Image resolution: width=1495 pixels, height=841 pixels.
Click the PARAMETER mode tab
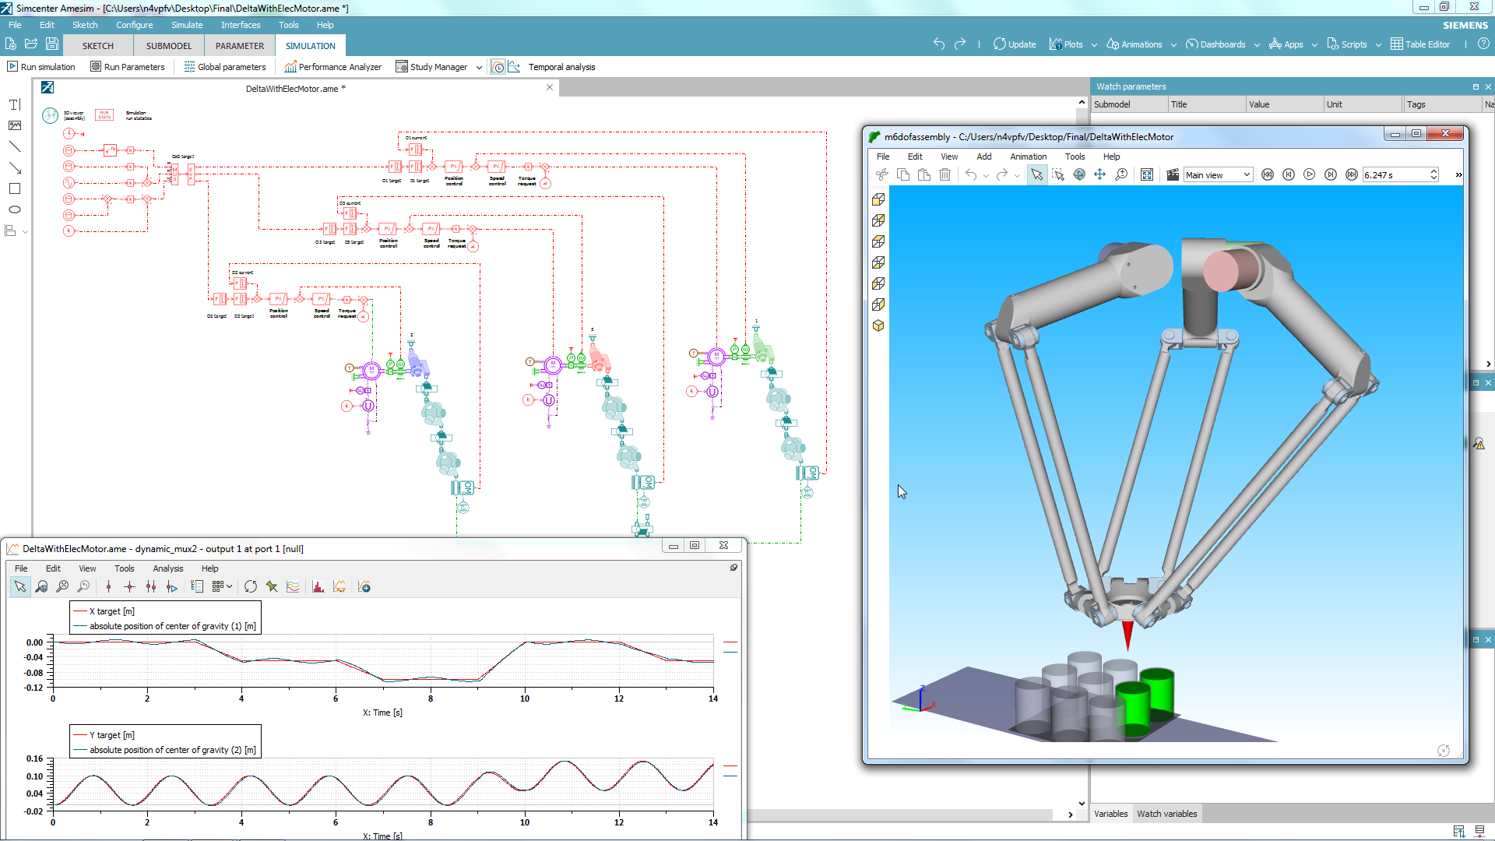coord(240,46)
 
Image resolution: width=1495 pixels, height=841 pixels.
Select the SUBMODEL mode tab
coord(168,46)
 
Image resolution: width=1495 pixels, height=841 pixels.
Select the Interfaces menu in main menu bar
coord(241,25)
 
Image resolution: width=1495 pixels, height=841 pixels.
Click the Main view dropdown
coord(1218,175)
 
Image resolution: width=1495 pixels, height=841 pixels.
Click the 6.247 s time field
coord(1395,175)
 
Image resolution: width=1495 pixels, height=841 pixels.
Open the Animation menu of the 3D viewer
coord(1028,157)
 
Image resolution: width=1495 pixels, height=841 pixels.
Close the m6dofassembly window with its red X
coord(1445,134)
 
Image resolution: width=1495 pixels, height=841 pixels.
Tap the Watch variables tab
coord(1166,814)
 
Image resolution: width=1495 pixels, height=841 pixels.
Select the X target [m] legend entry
coord(112,611)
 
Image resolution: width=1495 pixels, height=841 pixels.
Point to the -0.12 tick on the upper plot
coord(34,688)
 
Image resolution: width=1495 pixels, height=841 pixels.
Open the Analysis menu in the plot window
coord(168,568)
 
